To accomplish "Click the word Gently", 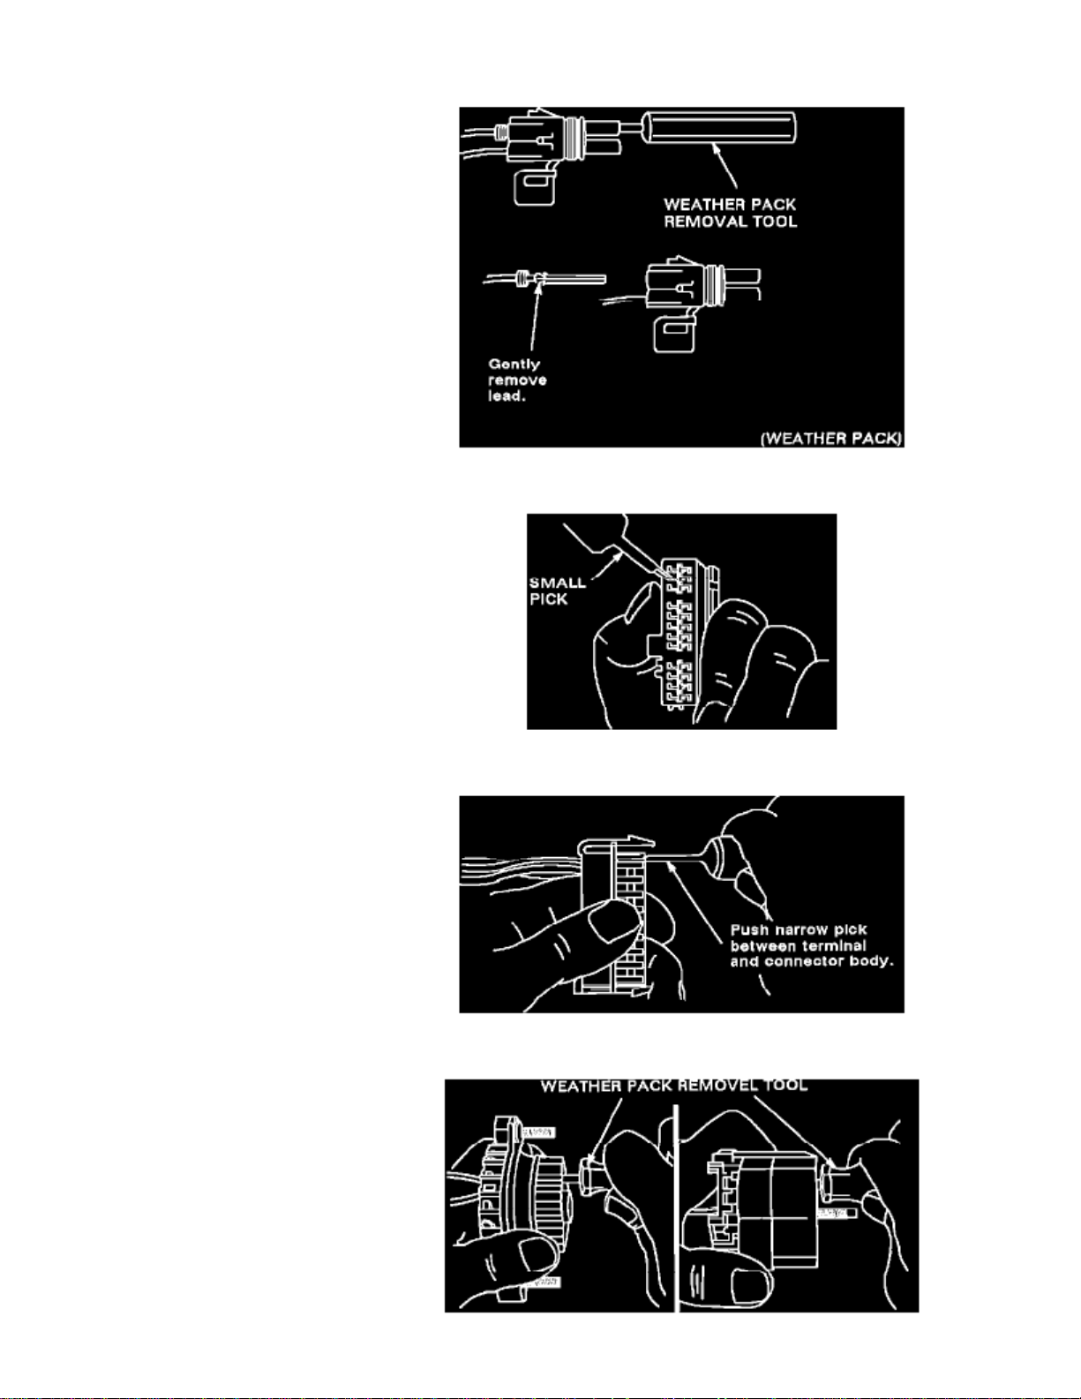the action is pos(514,364).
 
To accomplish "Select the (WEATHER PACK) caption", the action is pos(831,439).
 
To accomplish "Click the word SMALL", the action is pos(557,583).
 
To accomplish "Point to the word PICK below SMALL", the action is pos(548,599).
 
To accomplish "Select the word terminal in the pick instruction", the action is pos(834,945).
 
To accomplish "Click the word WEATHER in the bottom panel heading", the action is pos(574,1086).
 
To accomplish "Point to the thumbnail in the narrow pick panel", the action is pos(613,924).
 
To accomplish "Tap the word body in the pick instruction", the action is pos(873,961).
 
